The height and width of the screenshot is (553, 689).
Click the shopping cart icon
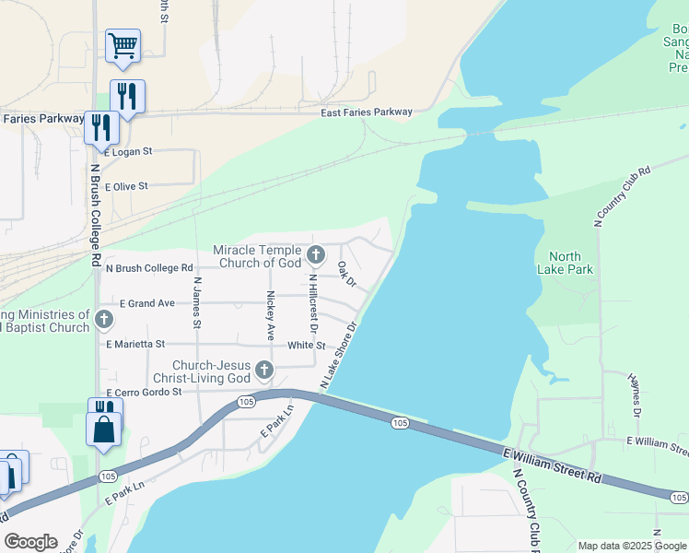[123, 44]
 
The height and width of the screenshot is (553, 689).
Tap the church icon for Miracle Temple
[316, 254]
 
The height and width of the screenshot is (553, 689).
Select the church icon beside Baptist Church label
[104, 320]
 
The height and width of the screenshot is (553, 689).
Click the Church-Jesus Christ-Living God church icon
[264, 371]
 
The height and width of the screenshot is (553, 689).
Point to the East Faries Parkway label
[367, 112]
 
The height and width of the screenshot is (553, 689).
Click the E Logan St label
[128, 150]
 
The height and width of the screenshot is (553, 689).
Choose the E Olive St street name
[126, 186]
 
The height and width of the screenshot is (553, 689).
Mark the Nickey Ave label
[271, 315]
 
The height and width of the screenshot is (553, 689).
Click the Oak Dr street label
[346, 274]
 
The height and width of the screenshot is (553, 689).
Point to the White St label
[307, 346]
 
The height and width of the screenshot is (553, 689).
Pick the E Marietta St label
[134, 344]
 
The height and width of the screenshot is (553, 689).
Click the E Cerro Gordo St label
[145, 392]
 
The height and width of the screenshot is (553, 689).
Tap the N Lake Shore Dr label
[338, 355]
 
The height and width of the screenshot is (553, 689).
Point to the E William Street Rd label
[552, 466]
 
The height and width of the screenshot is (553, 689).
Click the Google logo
[30, 542]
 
